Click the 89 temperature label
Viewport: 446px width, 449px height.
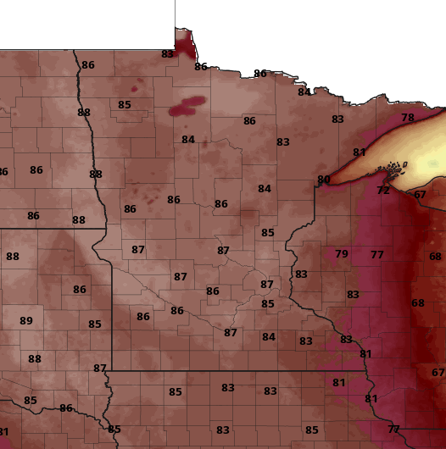26,321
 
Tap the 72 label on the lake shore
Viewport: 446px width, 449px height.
383,191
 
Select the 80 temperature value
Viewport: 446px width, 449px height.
324,180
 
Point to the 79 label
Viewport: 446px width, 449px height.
342,254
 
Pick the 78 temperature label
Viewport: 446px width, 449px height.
408,118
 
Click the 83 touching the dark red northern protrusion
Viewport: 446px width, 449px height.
167,54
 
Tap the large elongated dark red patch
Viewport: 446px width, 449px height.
187,105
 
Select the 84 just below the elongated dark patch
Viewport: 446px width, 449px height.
188,140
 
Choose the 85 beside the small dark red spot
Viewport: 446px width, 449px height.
125,105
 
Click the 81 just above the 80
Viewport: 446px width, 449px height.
360,152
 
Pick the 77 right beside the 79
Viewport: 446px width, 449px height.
377,255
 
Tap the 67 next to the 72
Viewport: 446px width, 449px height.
421,195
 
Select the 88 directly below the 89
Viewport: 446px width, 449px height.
35,359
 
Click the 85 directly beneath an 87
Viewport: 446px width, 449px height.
268,304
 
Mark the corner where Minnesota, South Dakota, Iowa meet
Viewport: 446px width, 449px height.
111,370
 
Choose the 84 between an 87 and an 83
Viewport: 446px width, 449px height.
269,337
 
